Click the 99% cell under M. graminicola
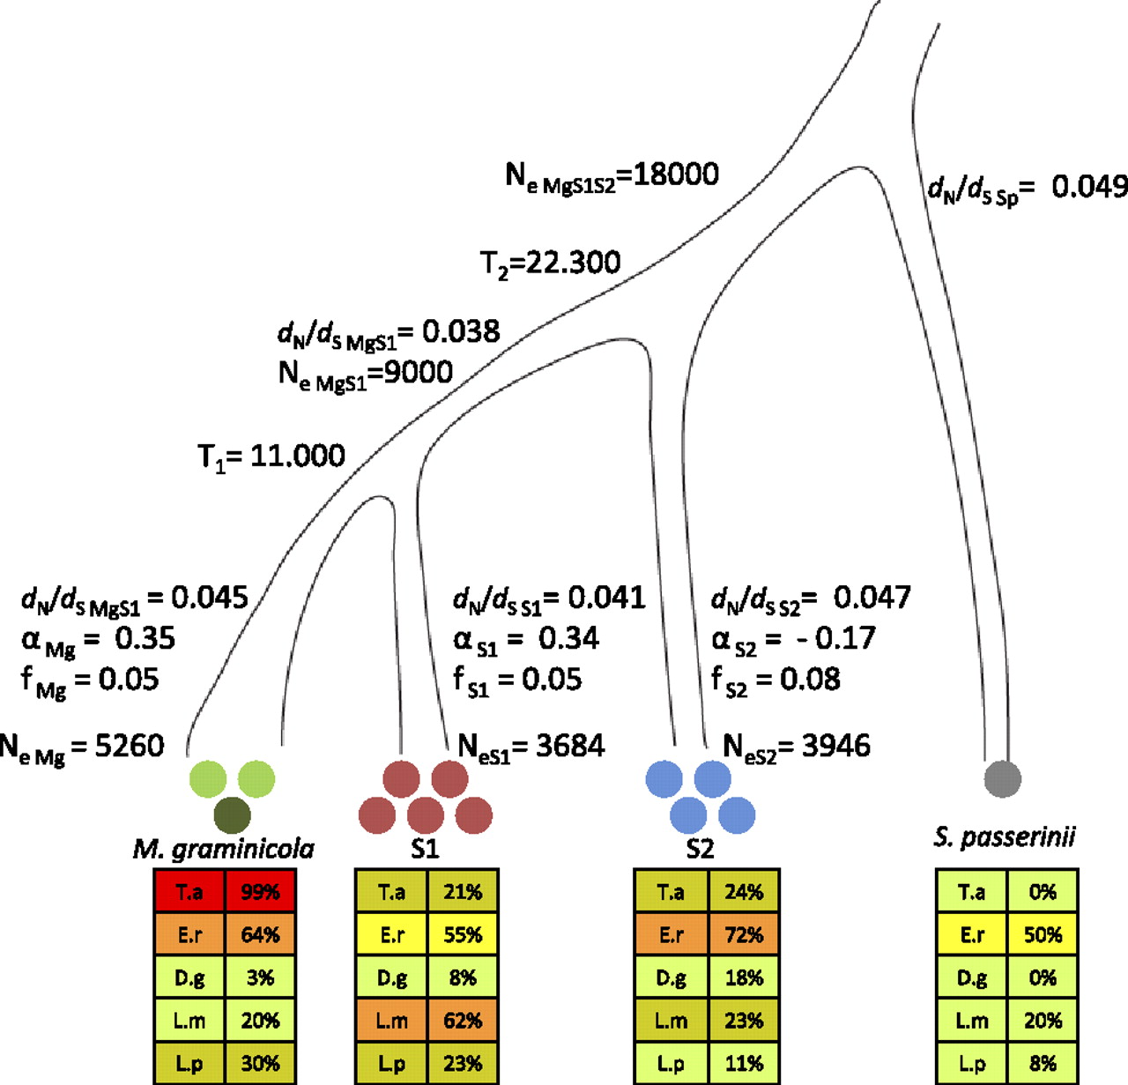click(260, 892)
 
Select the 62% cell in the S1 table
click(463, 1021)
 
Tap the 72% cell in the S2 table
click(744, 934)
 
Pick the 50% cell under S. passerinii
click(1043, 934)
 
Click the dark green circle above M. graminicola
click(232, 815)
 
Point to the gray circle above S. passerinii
click(1002, 779)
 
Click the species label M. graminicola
click(223, 849)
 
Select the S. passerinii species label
click(1005, 836)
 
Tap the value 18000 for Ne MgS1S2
click(676, 175)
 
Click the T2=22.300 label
click(550, 263)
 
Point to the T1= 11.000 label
click(271, 457)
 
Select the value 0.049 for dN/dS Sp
click(1089, 187)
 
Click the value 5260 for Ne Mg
click(129, 746)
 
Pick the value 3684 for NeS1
click(570, 746)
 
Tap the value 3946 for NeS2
click(835, 746)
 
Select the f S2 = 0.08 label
click(775, 680)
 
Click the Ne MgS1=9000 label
click(365, 374)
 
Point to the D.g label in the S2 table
click(671, 977)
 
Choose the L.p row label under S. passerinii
click(971, 1064)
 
